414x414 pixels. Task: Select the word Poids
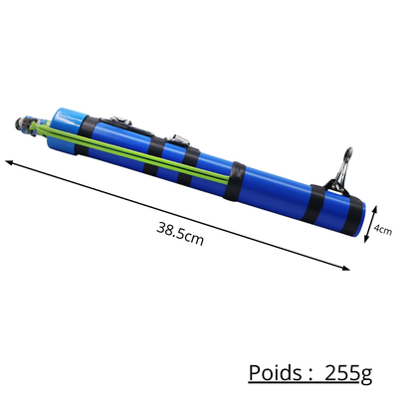tap(278, 374)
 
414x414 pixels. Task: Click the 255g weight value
tap(348, 374)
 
